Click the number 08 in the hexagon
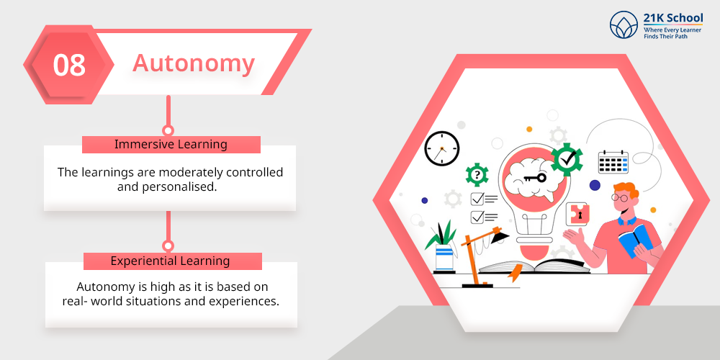click(69, 66)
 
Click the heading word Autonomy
click(193, 63)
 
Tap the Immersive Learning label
click(171, 144)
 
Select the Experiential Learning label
click(171, 261)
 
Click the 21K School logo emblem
click(624, 24)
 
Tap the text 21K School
click(672, 18)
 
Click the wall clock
click(442, 148)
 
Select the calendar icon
click(613, 161)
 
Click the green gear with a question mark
click(477, 174)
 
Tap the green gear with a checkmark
click(567, 159)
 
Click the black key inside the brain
click(536, 177)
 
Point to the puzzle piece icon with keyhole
click(577, 214)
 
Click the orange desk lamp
click(482, 256)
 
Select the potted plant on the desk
click(443, 247)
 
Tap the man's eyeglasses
click(619, 197)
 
